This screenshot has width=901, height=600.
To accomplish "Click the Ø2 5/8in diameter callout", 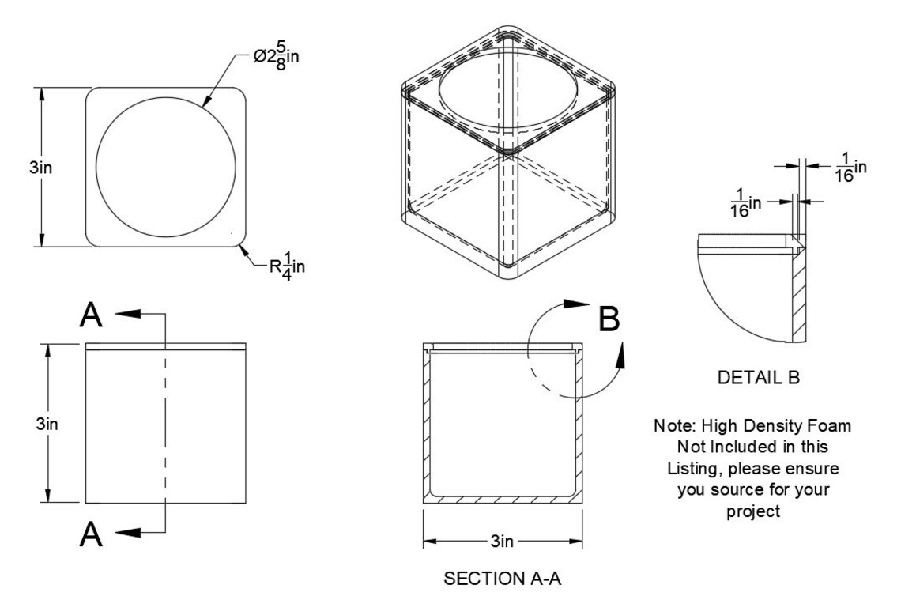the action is [x=277, y=57].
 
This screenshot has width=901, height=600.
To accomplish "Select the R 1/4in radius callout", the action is [x=288, y=266].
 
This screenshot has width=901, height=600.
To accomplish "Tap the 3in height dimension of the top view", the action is [x=41, y=168].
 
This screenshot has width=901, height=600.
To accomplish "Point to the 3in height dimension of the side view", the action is [x=47, y=425].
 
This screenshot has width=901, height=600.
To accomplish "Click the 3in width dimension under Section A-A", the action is [x=502, y=542].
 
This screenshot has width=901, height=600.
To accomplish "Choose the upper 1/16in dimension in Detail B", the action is [x=850, y=168].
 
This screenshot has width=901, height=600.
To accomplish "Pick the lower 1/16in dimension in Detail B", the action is [x=745, y=203].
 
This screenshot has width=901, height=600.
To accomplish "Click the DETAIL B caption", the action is [x=759, y=378].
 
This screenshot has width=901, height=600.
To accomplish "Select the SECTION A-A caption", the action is [x=502, y=579].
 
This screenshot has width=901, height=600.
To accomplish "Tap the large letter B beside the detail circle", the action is [x=609, y=319].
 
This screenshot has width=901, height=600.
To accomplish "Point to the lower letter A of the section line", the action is [x=92, y=534].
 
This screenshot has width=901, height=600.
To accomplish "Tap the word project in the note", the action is [x=753, y=511].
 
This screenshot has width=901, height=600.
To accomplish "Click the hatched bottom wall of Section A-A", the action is [x=503, y=500].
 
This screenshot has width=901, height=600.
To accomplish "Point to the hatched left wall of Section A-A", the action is [x=427, y=425].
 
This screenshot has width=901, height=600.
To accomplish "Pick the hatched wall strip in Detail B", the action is [x=799, y=296].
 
